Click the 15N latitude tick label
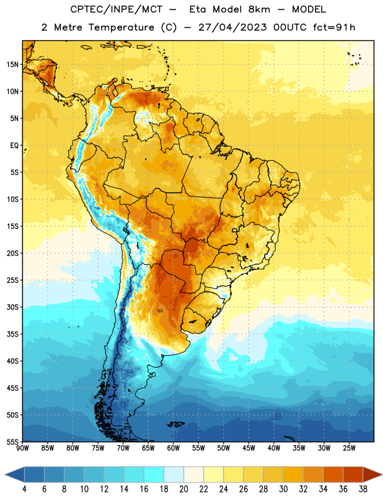(12, 64)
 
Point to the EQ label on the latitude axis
(14, 146)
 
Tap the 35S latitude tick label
(12, 334)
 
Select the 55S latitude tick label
(12, 441)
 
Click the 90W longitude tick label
(22, 448)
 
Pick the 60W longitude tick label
(174, 448)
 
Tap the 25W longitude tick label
(350, 448)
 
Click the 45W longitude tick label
(249, 448)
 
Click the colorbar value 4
(24, 489)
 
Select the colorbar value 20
(183, 489)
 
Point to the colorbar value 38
(363, 489)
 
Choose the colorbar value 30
(283, 489)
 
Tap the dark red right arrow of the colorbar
(372, 474)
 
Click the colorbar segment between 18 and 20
(174, 474)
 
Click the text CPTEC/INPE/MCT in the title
(117, 9)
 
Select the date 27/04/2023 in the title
(232, 27)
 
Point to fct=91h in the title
(334, 27)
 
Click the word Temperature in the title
(121, 27)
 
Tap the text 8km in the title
(259, 9)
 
